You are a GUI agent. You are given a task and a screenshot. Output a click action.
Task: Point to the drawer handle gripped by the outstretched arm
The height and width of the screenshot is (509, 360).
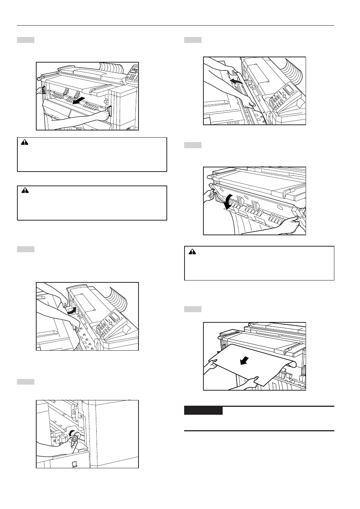click(110, 112)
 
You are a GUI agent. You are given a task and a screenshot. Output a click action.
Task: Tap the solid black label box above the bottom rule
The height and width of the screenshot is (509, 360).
click(203, 411)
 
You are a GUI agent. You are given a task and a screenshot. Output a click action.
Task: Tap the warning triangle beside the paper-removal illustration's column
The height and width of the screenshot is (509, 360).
click(193, 251)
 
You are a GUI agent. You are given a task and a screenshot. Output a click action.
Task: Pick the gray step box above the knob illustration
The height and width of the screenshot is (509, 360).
click(26, 382)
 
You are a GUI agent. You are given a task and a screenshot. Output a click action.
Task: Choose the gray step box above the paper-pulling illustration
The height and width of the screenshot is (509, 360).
click(193, 309)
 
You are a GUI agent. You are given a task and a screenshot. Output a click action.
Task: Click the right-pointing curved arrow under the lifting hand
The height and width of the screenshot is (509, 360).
click(71, 310)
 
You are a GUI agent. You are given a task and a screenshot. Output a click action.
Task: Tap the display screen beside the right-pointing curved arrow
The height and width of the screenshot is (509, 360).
click(115, 316)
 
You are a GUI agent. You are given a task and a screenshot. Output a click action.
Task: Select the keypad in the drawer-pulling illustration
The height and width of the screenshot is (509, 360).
click(132, 76)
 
